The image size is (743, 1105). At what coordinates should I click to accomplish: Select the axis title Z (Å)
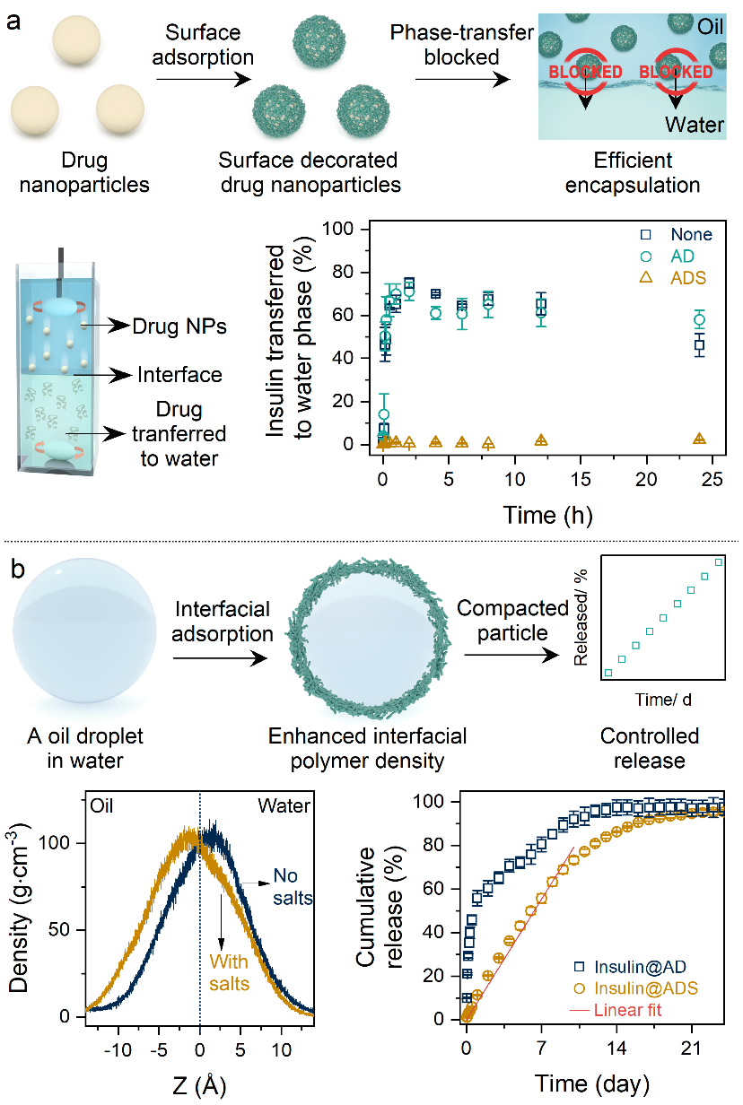[198, 1084]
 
